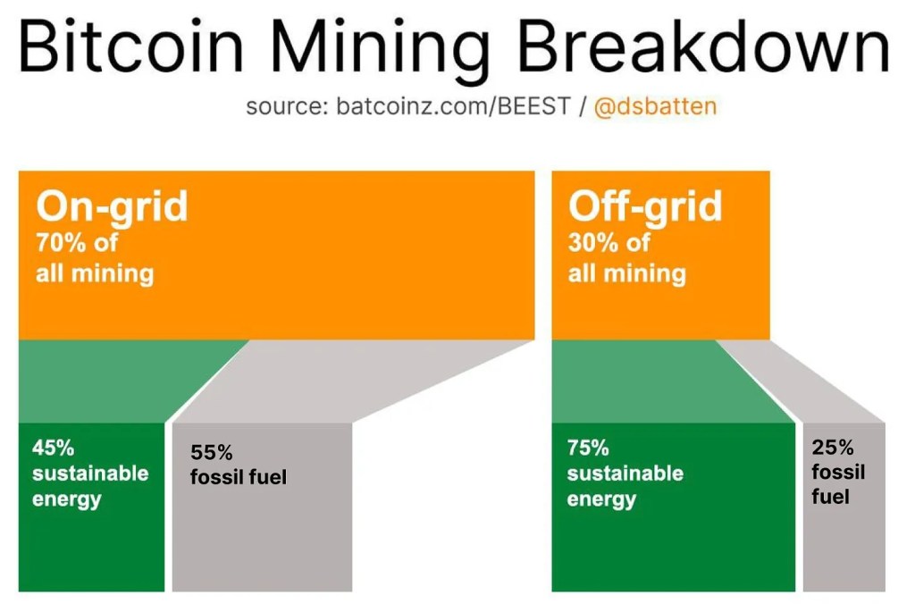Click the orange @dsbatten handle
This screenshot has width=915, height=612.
point(655,106)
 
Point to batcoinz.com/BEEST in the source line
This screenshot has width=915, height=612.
point(454,107)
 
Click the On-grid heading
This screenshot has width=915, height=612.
point(112,206)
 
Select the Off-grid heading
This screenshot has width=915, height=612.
point(644,206)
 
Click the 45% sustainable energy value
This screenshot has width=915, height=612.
point(53,447)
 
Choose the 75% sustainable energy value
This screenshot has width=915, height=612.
point(587,448)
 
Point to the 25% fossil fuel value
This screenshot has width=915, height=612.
point(833,448)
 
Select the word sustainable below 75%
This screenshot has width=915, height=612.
point(625,473)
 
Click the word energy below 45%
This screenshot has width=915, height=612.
point(67,499)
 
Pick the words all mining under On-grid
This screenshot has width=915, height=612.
point(95,272)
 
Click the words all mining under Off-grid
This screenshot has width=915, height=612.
point(627,272)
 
